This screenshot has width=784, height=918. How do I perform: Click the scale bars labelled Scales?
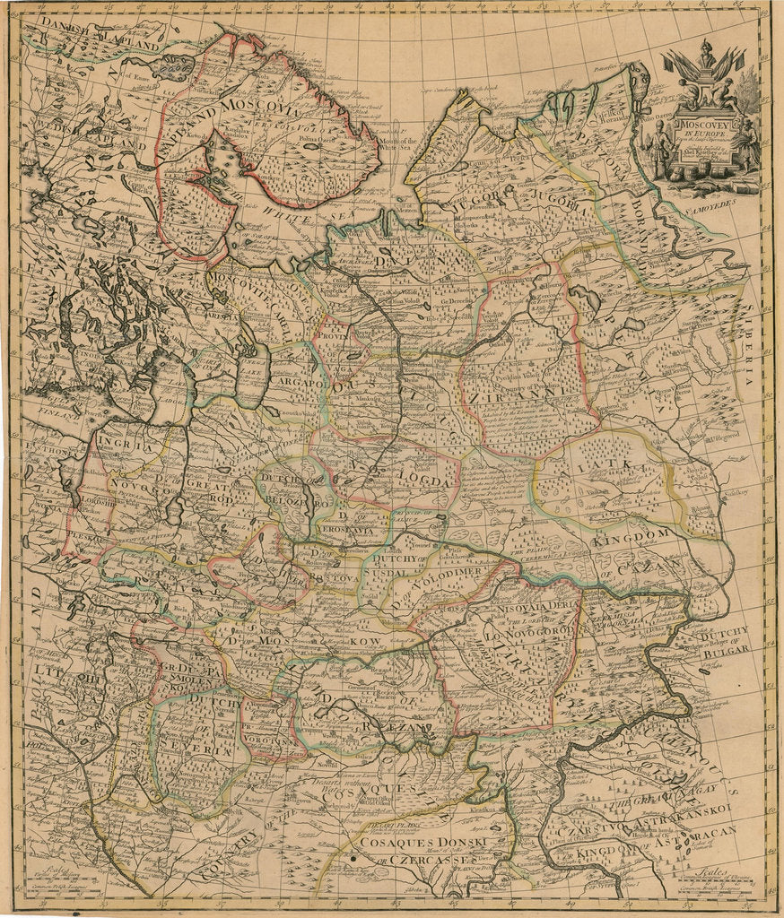click(x=718, y=882)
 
